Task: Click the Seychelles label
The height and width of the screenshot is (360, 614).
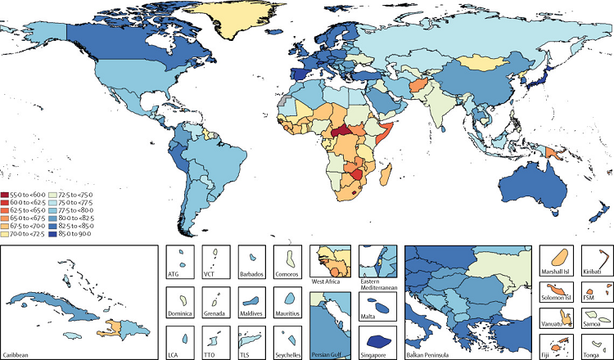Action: [x=288, y=353]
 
